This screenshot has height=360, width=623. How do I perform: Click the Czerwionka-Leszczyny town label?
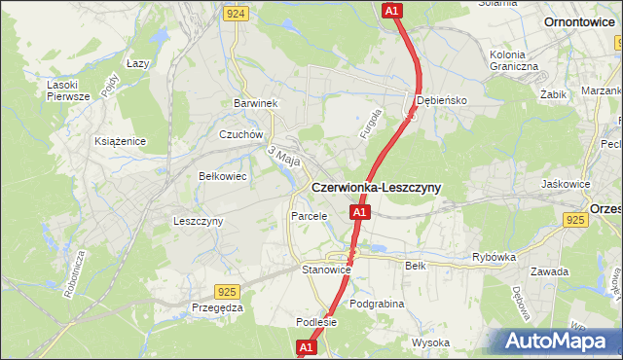[376, 187]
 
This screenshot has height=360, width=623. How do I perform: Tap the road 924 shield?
[235, 14]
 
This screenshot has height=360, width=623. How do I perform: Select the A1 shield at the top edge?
[390, 11]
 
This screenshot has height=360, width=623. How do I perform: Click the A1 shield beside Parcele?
[359, 211]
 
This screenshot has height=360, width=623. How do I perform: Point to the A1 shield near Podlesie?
[306, 346]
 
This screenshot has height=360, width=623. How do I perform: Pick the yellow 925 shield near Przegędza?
[227, 291]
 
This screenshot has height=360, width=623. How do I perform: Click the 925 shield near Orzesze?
[574, 221]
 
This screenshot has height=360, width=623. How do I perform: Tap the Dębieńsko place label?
[443, 100]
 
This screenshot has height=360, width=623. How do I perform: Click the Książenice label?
[121, 141]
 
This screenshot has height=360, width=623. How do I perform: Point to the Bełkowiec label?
[221, 177]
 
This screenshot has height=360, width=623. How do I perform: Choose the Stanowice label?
[326, 269]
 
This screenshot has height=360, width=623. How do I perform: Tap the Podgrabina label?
[376, 304]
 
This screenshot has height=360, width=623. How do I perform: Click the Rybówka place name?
[493, 257]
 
